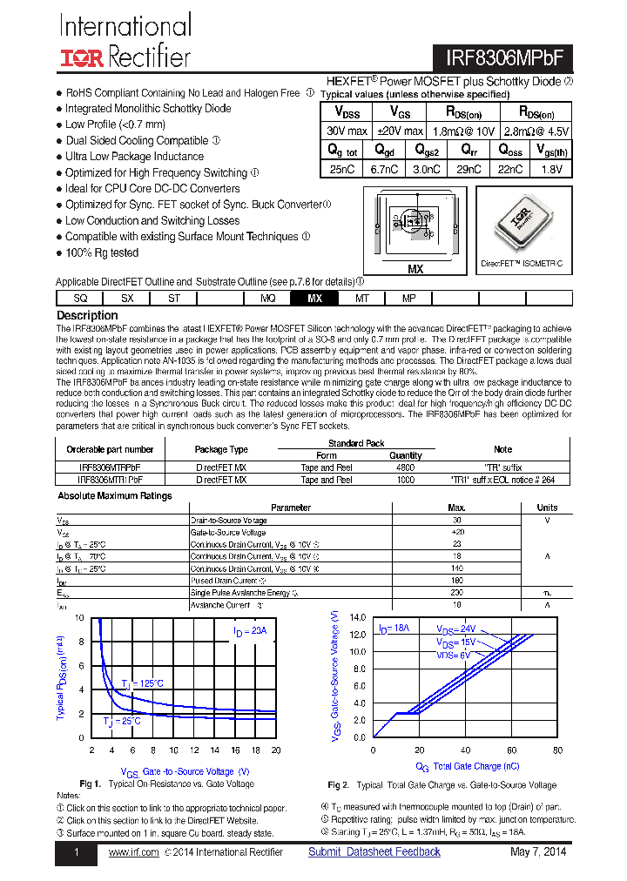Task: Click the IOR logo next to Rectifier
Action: tap(82, 58)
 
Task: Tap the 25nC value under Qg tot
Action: tap(341, 169)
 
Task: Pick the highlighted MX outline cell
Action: tap(315, 298)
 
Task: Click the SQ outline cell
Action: tap(80, 298)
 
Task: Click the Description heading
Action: tap(87, 315)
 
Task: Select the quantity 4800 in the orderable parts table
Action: tap(405, 467)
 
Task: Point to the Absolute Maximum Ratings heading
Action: tap(114, 496)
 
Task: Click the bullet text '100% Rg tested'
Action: tap(101, 253)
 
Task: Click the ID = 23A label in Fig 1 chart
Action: tap(250, 630)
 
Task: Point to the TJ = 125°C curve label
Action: tap(142, 684)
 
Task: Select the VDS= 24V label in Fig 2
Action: tap(455, 628)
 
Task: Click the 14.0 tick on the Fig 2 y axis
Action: tap(358, 618)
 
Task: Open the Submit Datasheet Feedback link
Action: tap(374, 851)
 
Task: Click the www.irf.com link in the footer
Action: tap(133, 851)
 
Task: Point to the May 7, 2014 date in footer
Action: tap(538, 851)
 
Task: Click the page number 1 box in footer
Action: tap(77, 852)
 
